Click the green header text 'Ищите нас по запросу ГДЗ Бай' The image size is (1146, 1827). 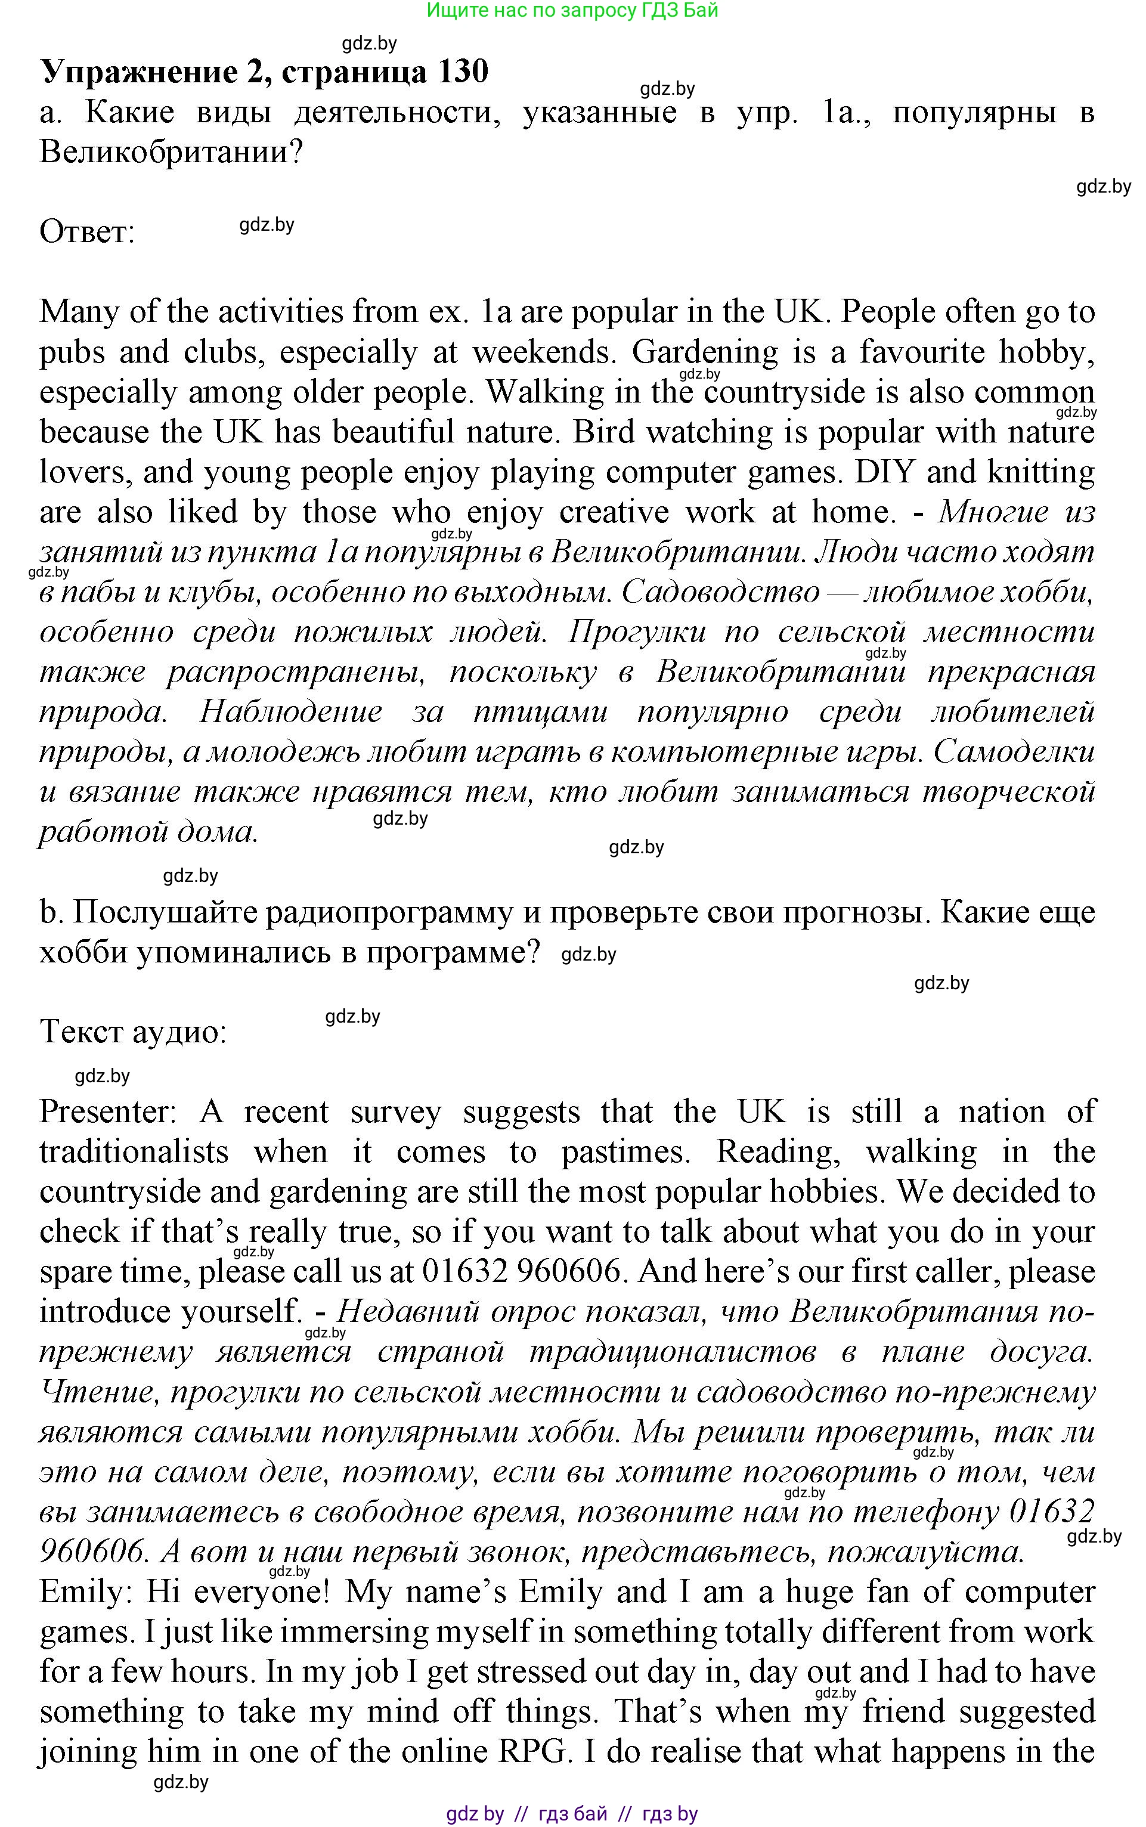pyautogui.click(x=572, y=11)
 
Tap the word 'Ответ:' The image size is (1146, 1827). pyautogui.click(x=86, y=232)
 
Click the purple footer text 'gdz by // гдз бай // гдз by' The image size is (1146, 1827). pyautogui.click(x=572, y=1813)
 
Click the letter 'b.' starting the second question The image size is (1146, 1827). pyautogui.click(x=50, y=912)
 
